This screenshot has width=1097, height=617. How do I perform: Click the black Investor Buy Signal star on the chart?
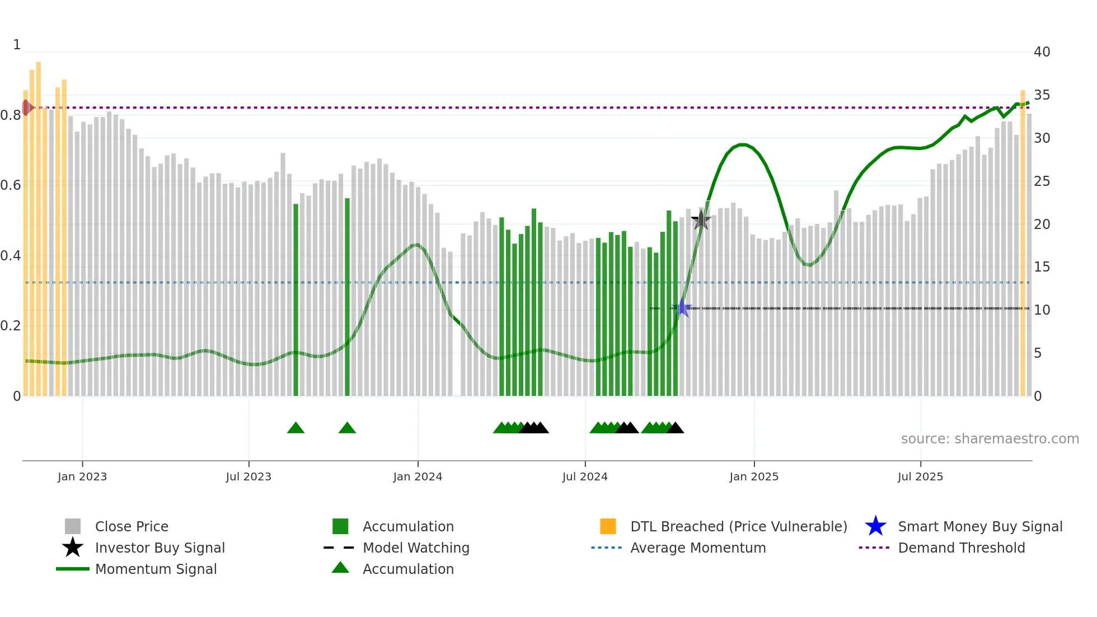(x=701, y=220)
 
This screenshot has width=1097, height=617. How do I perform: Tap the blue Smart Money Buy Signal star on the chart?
(x=682, y=307)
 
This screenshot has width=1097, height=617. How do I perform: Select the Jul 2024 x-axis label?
(x=585, y=476)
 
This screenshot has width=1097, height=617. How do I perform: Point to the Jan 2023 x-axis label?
(x=82, y=476)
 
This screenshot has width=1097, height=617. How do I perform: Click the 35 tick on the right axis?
(x=1042, y=95)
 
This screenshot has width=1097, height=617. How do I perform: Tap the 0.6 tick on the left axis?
(x=11, y=185)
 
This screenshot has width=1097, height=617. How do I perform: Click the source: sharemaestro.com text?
(x=990, y=439)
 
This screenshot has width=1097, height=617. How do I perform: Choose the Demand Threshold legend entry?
(x=961, y=548)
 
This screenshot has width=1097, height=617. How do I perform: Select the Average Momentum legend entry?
(x=697, y=548)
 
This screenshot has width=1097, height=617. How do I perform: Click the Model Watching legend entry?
(x=415, y=548)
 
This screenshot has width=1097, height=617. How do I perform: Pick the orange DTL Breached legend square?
(x=608, y=526)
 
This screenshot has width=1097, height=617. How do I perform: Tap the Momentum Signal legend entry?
(x=156, y=569)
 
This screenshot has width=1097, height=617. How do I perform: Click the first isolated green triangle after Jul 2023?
(x=296, y=428)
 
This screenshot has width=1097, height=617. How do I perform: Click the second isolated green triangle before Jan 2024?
(x=347, y=428)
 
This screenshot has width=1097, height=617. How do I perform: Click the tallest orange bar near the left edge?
(x=39, y=230)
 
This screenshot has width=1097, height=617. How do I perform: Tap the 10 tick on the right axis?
(x=1042, y=310)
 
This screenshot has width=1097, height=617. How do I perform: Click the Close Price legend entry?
(x=131, y=526)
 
